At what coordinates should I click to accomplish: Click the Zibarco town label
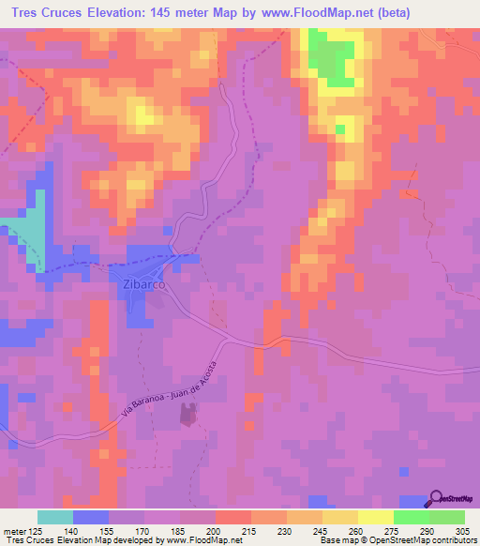(x=141, y=282)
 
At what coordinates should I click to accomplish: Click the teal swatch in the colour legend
(x=54, y=517)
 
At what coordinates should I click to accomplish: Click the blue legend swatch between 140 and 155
(x=90, y=517)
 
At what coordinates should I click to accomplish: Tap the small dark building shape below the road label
(x=189, y=415)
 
